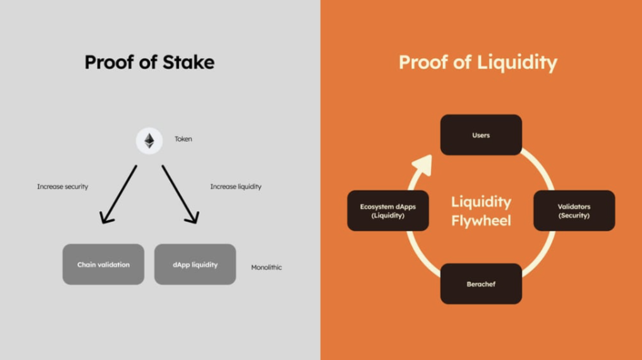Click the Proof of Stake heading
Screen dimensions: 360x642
[x=150, y=62]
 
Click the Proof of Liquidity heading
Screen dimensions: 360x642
[x=478, y=62]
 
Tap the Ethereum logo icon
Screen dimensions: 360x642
[x=149, y=141]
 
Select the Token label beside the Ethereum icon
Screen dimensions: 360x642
[x=183, y=139]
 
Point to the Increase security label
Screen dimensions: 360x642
[x=62, y=187]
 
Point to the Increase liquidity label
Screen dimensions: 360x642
[x=236, y=187]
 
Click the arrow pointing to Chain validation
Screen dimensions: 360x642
[x=119, y=194]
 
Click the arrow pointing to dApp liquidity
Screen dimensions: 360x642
[x=180, y=194]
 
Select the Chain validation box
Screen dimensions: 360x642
[x=103, y=264]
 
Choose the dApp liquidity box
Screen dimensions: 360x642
[x=195, y=264]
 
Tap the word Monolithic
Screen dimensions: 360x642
[x=267, y=267]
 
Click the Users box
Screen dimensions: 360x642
[x=481, y=135]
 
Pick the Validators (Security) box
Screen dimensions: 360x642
[x=574, y=210]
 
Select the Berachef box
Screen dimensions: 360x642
[x=481, y=284]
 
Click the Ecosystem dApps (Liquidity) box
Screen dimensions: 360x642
[x=388, y=210]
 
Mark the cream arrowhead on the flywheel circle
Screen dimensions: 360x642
[x=423, y=165]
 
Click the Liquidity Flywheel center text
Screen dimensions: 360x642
[x=481, y=211]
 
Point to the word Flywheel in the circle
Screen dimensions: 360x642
[x=481, y=220]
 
